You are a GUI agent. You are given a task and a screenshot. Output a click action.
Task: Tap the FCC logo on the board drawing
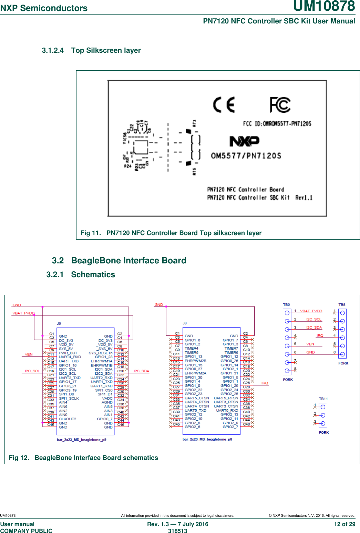pyautogui.click(x=280, y=105)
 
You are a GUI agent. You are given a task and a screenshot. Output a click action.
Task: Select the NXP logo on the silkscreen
pyautogui.click(x=244, y=141)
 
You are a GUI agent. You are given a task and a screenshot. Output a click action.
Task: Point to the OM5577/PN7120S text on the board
pyautogui.click(x=246, y=156)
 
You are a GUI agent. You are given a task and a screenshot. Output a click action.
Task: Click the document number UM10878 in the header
pyautogui.click(x=324, y=7)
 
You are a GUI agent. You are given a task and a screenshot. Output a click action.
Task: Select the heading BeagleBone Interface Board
pyautogui.click(x=128, y=260)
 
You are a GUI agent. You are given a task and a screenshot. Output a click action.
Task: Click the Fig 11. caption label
pyautogui.click(x=91, y=233)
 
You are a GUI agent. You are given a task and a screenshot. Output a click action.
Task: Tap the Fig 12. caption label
pyautogui.click(x=19, y=458)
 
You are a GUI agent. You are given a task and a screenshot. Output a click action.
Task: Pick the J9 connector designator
pyautogui.click(x=59, y=323)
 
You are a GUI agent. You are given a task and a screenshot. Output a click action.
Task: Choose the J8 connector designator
pyautogui.click(x=185, y=323)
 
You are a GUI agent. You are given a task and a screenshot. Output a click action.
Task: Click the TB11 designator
pyautogui.click(x=323, y=399)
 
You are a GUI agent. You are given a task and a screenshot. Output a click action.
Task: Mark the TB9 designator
pyautogui.click(x=286, y=305)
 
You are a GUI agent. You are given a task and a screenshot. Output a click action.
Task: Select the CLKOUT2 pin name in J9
pyautogui.click(x=68, y=419)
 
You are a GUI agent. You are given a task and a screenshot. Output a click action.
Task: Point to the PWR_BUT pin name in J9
pyautogui.click(x=68, y=353)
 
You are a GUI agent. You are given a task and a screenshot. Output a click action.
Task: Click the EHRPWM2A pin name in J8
pyautogui.click(x=195, y=373)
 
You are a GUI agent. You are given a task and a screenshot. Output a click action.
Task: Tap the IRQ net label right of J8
pyautogui.click(x=265, y=383)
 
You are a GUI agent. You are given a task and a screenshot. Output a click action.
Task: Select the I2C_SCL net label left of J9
pyautogui.click(x=32, y=371)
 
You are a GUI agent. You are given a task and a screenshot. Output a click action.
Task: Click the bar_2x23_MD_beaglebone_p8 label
pyautogui.click(x=207, y=439)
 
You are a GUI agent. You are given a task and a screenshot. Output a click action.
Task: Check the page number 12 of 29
pyautogui.click(x=344, y=524)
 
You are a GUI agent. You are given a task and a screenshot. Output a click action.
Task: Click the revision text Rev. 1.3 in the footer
pyautogui.click(x=158, y=524)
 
